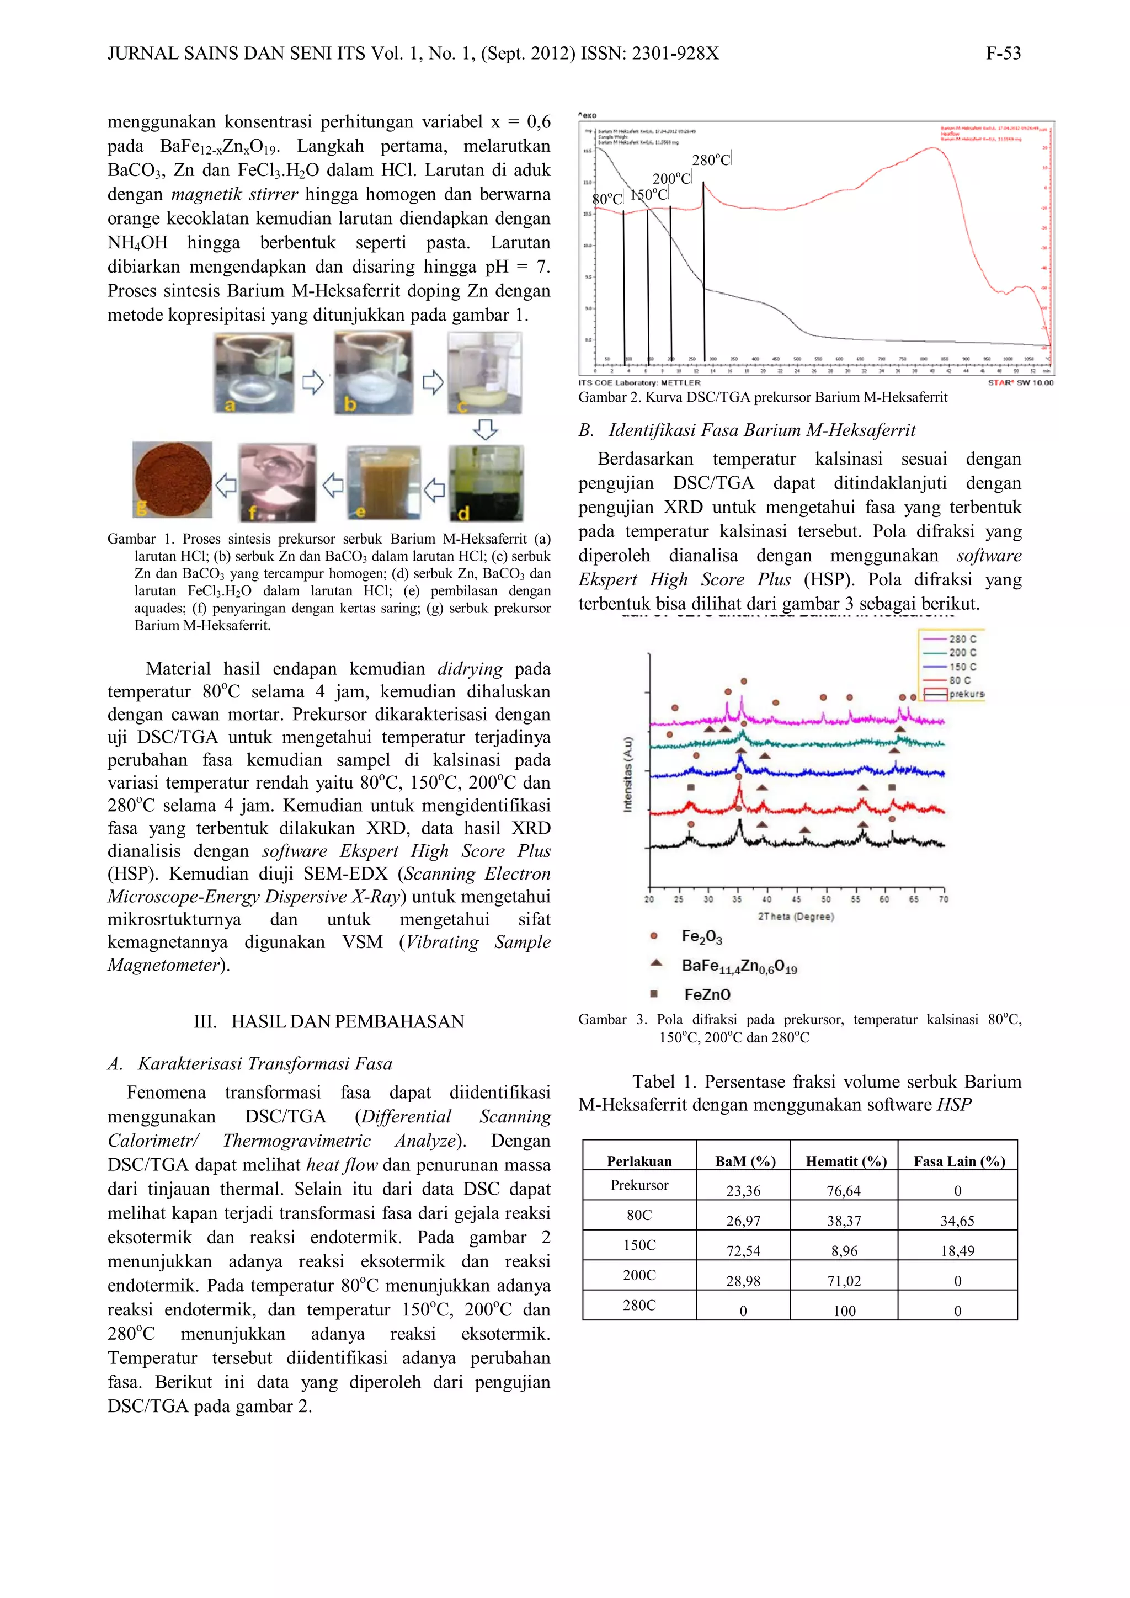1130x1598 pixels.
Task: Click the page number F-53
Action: (1003, 54)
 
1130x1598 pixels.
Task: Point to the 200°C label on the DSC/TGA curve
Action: (671, 179)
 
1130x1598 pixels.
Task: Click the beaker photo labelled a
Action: (253, 374)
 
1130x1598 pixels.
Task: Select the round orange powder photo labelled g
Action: (172, 480)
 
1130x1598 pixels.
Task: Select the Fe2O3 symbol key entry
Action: (701, 937)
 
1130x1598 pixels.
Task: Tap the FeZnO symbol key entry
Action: (706, 994)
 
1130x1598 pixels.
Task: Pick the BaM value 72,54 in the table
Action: (743, 1251)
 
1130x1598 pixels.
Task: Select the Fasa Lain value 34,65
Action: (957, 1221)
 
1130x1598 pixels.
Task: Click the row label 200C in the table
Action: (639, 1275)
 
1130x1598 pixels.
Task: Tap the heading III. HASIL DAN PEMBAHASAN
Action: (328, 1022)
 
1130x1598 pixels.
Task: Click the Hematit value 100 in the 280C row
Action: (844, 1311)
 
